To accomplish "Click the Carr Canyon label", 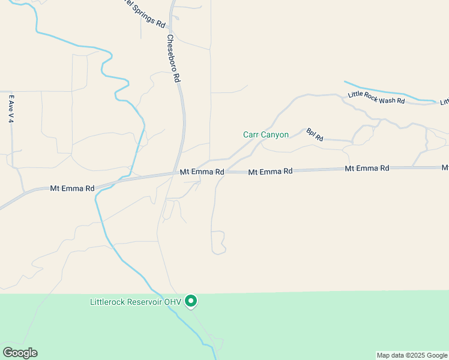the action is pyautogui.click(x=265, y=135).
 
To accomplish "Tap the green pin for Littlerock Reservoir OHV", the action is pyautogui.click(x=191, y=301).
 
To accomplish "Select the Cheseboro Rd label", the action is pyautogui.click(x=173, y=58).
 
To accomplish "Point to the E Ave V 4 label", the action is pyautogui.click(x=11, y=109).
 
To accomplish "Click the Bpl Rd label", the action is pyautogui.click(x=315, y=134).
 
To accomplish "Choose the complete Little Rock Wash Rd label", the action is pyautogui.click(x=376, y=97).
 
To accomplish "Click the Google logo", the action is pyautogui.click(x=20, y=353).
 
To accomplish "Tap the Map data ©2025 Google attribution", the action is pyautogui.click(x=411, y=355).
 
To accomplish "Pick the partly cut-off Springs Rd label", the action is pyautogui.click(x=142, y=15).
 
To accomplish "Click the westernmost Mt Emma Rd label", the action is pyautogui.click(x=73, y=188).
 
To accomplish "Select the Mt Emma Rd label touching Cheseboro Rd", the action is pyautogui.click(x=202, y=172).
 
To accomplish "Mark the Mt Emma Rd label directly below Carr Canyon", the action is pyautogui.click(x=270, y=172).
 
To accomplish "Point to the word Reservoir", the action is pyautogui.click(x=145, y=301).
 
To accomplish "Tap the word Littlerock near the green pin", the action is pyautogui.click(x=109, y=301).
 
